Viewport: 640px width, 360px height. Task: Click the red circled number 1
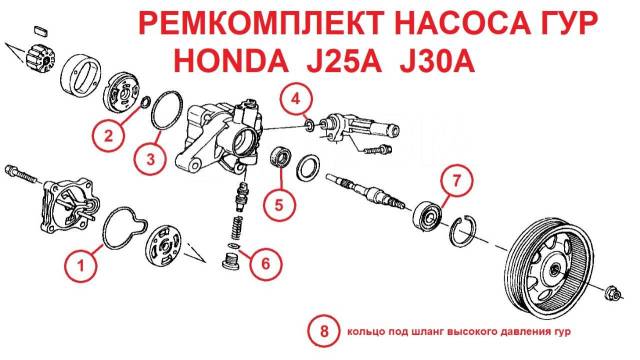81,266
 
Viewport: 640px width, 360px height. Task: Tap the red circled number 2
108,135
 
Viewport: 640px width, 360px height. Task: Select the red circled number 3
151,158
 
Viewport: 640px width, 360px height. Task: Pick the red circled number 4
296,99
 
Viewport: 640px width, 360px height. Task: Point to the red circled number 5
279,204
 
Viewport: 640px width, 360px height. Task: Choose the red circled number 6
266,263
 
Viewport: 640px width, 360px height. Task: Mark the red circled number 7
456,180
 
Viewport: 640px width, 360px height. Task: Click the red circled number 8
324,331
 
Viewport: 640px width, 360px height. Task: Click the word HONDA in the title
231,61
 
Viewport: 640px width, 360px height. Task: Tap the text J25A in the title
344,61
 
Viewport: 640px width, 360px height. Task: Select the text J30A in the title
437,61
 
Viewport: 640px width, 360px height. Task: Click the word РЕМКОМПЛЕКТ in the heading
261,23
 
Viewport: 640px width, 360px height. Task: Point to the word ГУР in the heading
566,23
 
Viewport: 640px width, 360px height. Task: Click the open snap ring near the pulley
464,231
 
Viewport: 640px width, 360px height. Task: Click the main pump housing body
220,137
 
